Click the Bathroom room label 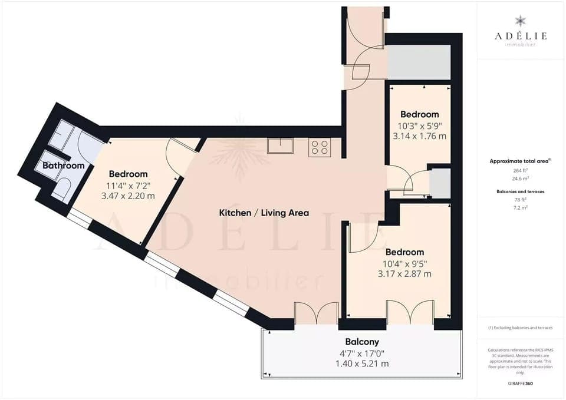(64, 166)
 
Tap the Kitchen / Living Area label (264, 213)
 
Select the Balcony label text (362, 342)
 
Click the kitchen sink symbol (280, 146)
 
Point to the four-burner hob (320, 147)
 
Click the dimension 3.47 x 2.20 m (128, 196)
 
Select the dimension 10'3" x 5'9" (420, 125)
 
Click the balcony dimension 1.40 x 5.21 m (362, 363)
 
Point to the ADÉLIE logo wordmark (521, 36)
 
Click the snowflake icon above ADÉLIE (521, 21)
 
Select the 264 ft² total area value (521, 170)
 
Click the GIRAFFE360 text (521, 383)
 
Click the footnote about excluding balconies (521, 328)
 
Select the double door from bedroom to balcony (410, 312)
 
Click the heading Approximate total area (519, 161)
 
